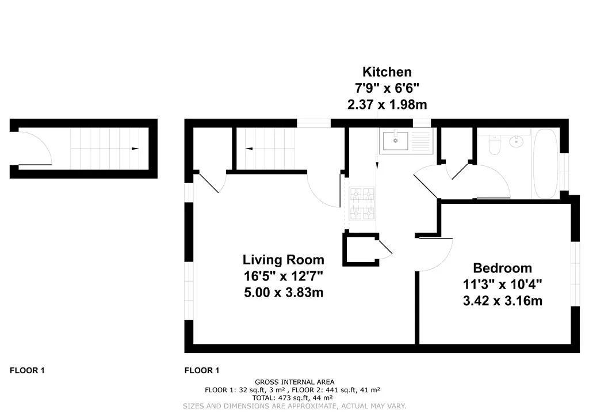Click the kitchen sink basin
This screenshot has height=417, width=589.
[396, 141]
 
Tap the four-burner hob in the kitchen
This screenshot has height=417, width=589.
[362, 203]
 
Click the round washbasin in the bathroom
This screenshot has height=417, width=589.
[517, 141]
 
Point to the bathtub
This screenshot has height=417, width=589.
[546, 164]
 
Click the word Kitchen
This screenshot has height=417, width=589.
[387, 71]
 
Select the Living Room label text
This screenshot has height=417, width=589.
[283, 259]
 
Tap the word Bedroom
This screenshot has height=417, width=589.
[502, 268]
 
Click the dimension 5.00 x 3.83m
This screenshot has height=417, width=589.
[284, 292]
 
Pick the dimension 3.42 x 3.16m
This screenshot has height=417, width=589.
[503, 301]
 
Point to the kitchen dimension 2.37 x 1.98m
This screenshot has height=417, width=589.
[387, 104]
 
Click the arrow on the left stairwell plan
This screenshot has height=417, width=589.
[135, 149]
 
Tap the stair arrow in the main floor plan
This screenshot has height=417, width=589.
[249, 149]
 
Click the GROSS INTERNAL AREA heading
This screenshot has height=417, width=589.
[294, 382]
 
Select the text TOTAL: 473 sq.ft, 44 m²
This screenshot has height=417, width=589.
[292, 398]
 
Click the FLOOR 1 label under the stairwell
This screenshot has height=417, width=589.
[27, 370]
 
